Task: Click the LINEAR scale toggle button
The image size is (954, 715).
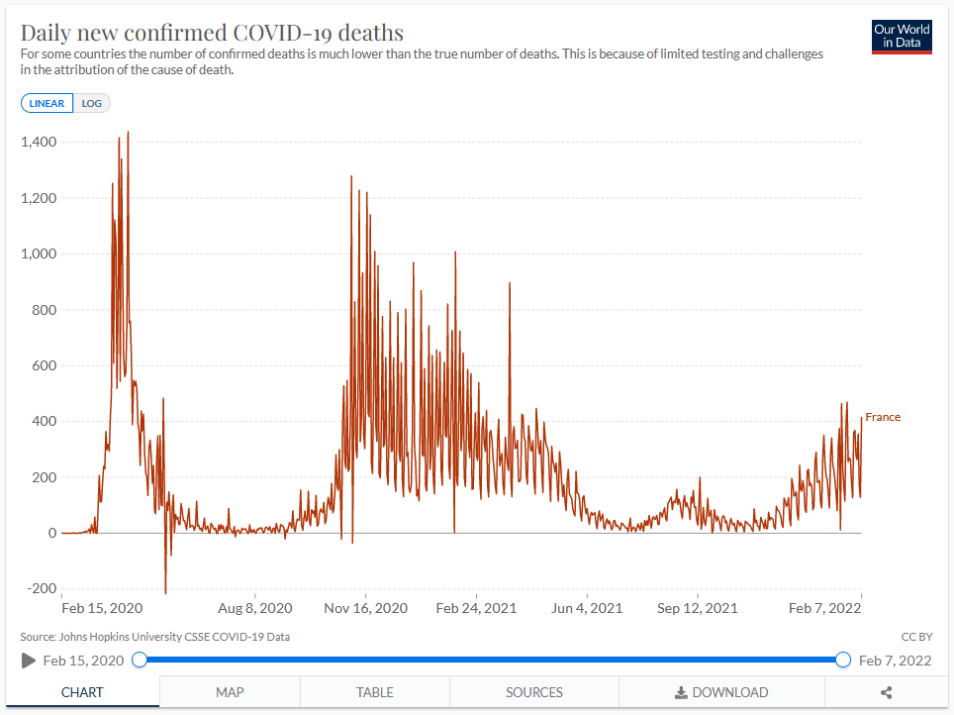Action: click(x=47, y=103)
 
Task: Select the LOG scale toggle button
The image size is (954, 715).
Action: click(x=92, y=103)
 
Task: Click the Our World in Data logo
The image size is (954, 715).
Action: click(x=902, y=37)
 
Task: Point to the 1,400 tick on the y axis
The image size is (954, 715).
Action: click(x=39, y=143)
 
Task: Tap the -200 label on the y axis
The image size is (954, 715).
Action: click(x=41, y=588)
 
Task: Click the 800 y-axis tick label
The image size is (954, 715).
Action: click(x=44, y=310)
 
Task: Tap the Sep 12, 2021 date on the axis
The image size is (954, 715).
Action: click(x=697, y=608)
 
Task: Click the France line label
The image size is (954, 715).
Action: click(x=883, y=417)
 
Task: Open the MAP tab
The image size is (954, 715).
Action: click(x=230, y=692)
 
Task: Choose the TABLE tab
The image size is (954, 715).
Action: click(x=375, y=692)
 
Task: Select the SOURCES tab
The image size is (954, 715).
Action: click(x=534, y=692)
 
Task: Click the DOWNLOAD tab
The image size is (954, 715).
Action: click(x=721, y=692)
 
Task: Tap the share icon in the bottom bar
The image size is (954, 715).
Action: click(x=887, y=693)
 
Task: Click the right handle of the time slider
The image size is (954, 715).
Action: click(x=843, y=660)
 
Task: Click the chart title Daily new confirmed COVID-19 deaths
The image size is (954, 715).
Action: click(x=212, y=32)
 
